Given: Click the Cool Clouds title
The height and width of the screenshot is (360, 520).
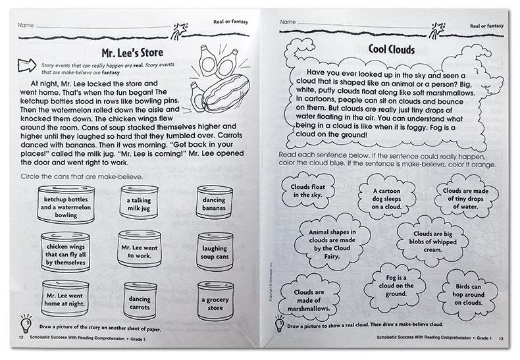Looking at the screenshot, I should pyautogui.click(x=391, y=49).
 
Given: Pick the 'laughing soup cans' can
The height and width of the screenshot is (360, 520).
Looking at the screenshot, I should pyautogui.click(x=215, y=249).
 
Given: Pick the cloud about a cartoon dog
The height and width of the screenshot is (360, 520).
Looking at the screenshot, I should pyautogui.click(x=385, y=197).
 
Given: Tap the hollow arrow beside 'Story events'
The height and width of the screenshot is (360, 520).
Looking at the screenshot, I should pyautogui.click(x=25, y=64).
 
